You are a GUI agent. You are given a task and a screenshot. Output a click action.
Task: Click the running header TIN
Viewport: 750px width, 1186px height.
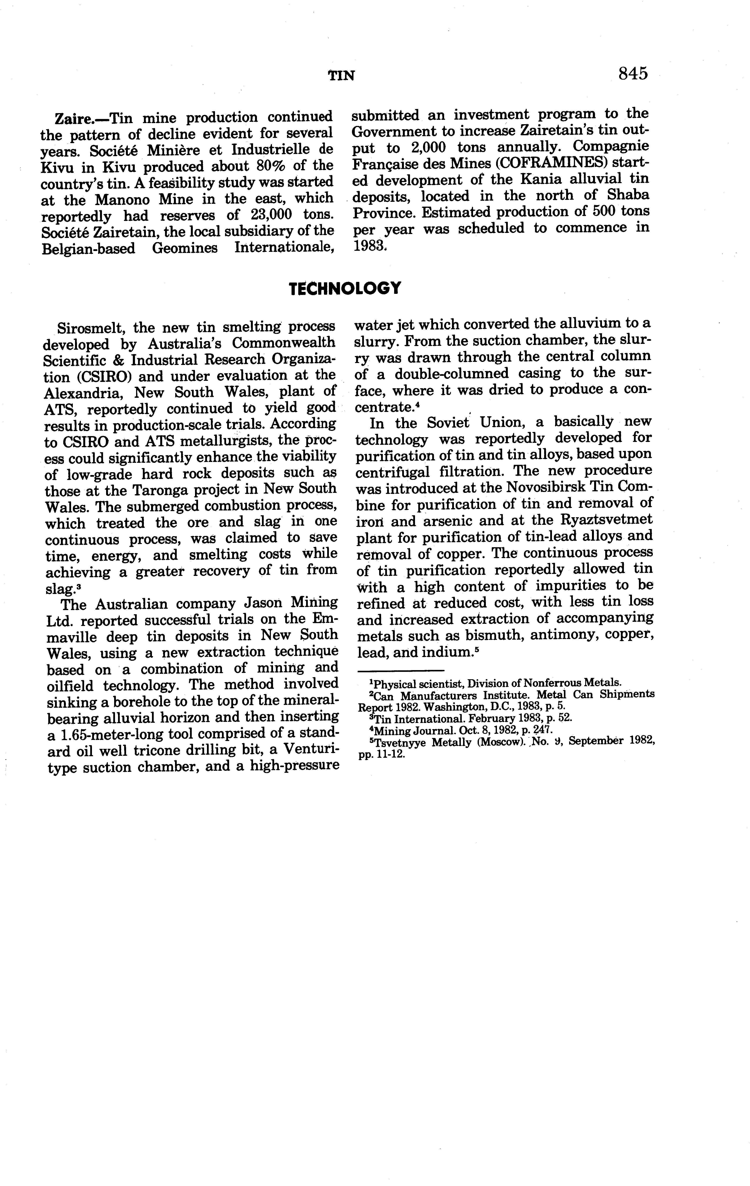pyautogui.click(x=341, y=75)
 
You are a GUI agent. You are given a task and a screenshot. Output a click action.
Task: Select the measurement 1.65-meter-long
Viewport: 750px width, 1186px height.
pyautogui.click(x=112, y=734)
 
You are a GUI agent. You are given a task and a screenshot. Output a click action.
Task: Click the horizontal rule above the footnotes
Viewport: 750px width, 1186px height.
pyautogui.click(x=400, y=670)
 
